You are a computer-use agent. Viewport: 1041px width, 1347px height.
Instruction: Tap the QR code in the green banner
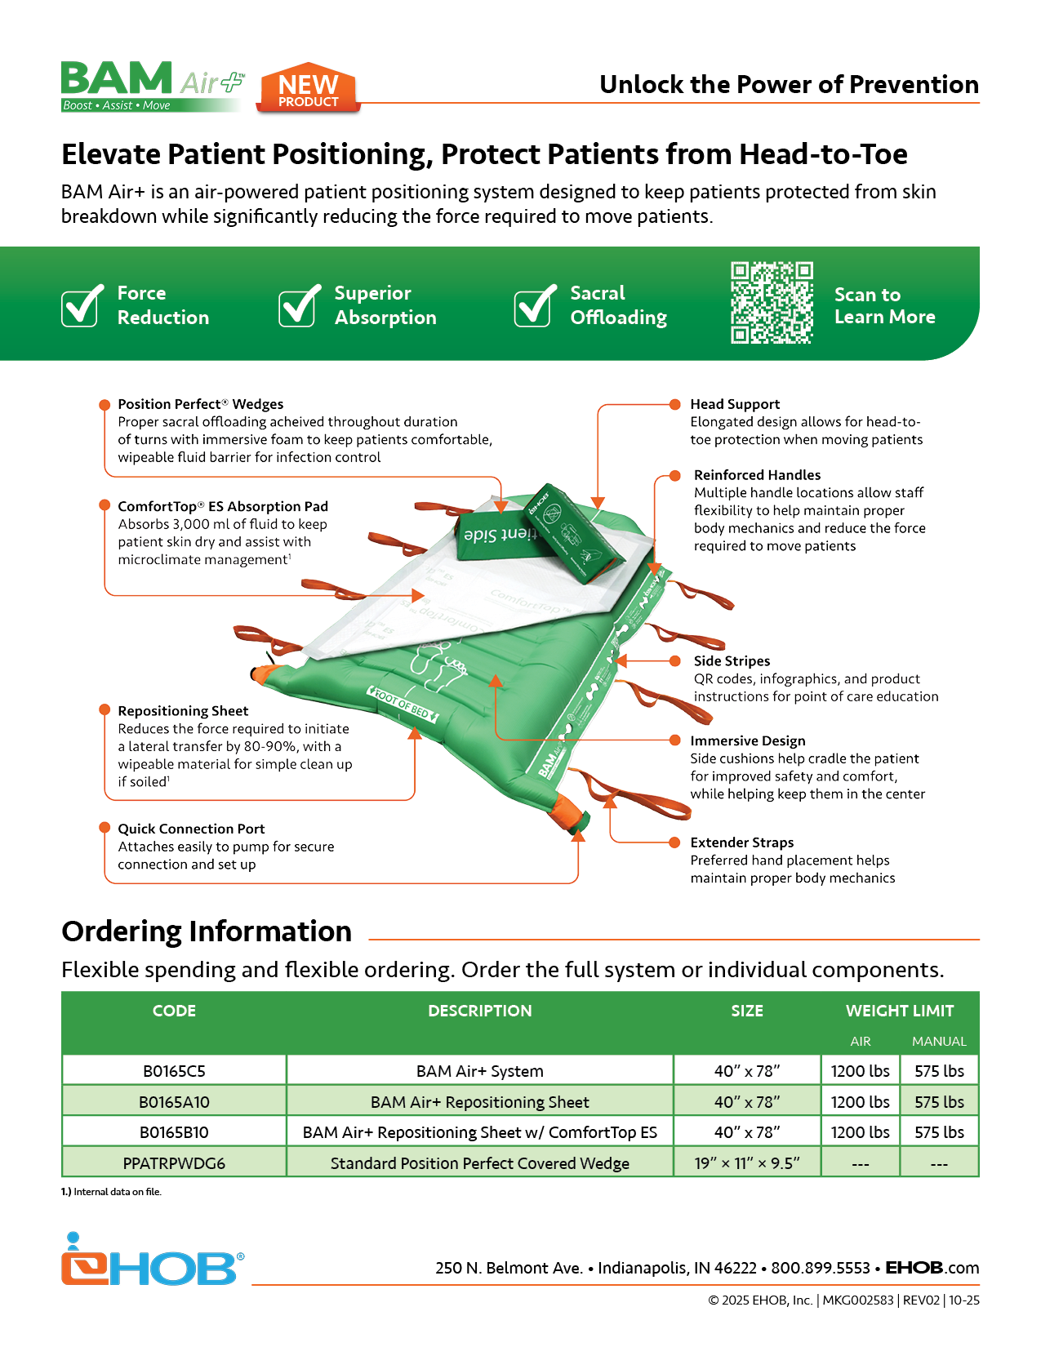click(772, 302)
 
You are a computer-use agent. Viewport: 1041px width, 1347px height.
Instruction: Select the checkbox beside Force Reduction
click(81, 307)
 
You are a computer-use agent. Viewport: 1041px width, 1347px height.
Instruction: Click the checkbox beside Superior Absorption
click(298, 307)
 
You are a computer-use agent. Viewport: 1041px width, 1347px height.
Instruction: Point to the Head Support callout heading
click(735, 404)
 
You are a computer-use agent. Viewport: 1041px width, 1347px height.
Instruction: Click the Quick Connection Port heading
click(191, 829)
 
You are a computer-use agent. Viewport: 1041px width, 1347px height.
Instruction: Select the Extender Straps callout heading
click(741, 842)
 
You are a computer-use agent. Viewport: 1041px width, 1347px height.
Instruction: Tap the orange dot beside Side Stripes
click(675, 661)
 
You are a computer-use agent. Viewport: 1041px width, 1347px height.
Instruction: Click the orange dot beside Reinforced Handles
click(675, 475)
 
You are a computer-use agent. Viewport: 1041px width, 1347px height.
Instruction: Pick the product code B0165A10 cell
click(174, 1102)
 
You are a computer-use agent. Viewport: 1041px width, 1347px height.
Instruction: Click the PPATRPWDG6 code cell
click(174, 1163)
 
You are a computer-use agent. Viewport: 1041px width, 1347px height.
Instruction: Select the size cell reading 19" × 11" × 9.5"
click(747, 1163)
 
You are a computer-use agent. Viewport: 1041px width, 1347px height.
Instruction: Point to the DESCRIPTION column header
click(480, 1011)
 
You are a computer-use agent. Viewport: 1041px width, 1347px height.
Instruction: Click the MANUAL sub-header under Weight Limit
click(939, 1042)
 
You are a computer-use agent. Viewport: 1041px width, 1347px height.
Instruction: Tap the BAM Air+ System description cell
click(480, 1071)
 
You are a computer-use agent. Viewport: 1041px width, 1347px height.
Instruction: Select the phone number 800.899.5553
click(821, 1268)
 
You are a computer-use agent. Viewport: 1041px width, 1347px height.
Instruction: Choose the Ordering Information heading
click(207, 931)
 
